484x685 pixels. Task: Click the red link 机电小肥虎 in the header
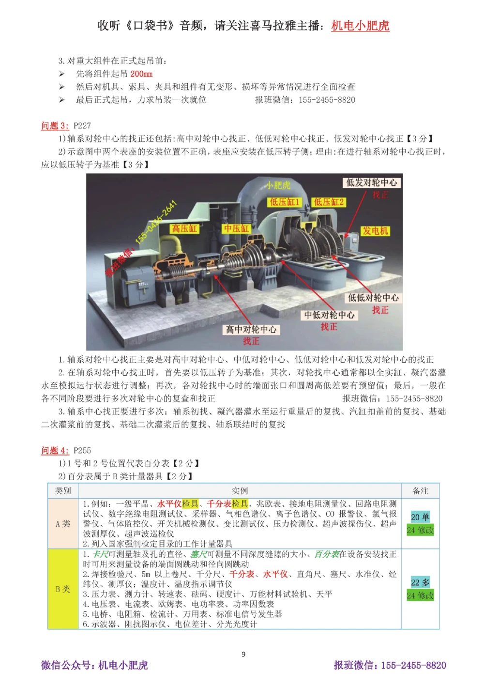coord(360,26)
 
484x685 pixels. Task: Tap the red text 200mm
coord(141,74)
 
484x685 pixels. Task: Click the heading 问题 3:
coord(55,126)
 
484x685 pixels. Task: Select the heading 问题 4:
coord(55,451)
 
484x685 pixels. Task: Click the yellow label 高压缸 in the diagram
coord(184,228)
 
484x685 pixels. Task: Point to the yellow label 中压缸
coord(236,228)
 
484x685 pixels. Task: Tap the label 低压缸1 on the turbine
coord(285,202)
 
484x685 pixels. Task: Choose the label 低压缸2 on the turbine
coord(329,202)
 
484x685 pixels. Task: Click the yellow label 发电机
coord(376,231)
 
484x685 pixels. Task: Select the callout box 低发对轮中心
coord(372,183)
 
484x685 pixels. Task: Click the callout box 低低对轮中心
coord(374,298)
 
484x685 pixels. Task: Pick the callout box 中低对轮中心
coord(329,315)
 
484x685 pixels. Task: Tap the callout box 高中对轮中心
coord(251,330)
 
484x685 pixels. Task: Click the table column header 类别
coord(63,491)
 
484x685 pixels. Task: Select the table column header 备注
coord(420,491)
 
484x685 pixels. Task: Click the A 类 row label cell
coord(63,524)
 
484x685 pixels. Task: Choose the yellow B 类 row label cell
coord(63,589)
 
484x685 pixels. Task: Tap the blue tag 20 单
coord(420,517)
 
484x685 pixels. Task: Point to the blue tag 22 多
coord(420,582)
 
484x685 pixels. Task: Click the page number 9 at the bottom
coord(243,655)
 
